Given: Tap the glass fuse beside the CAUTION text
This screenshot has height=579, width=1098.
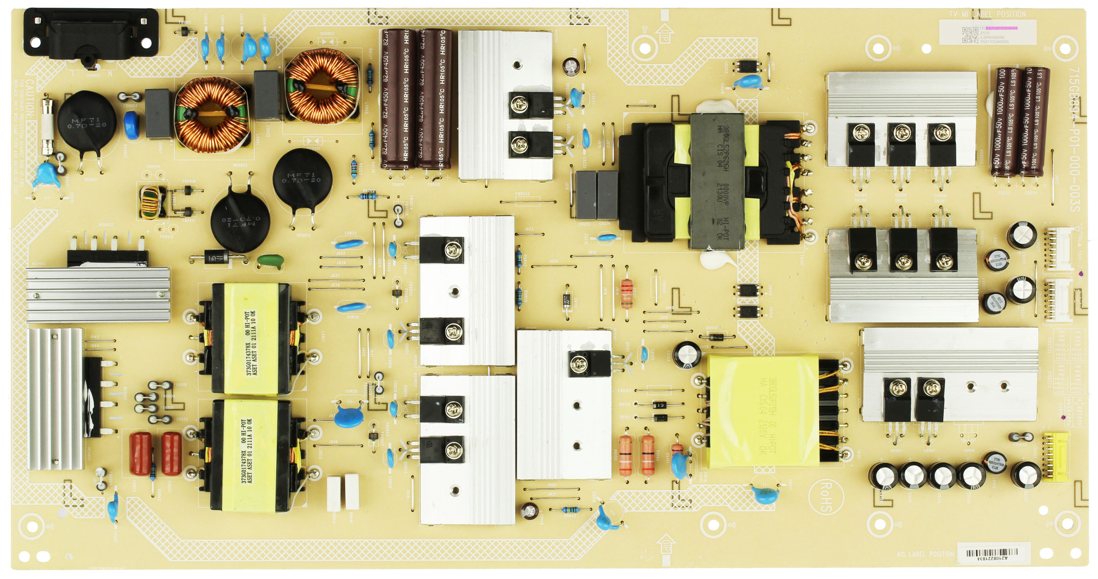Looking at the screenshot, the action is [x=48, y=126].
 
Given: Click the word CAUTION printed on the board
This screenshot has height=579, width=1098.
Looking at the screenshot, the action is [x=29, y=99].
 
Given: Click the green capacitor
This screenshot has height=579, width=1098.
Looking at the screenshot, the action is [x=270, y=261].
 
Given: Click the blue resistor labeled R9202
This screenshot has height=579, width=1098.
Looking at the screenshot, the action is [x=367, y=196].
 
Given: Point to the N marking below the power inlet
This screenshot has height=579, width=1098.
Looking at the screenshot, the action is [x=110, y=73].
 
